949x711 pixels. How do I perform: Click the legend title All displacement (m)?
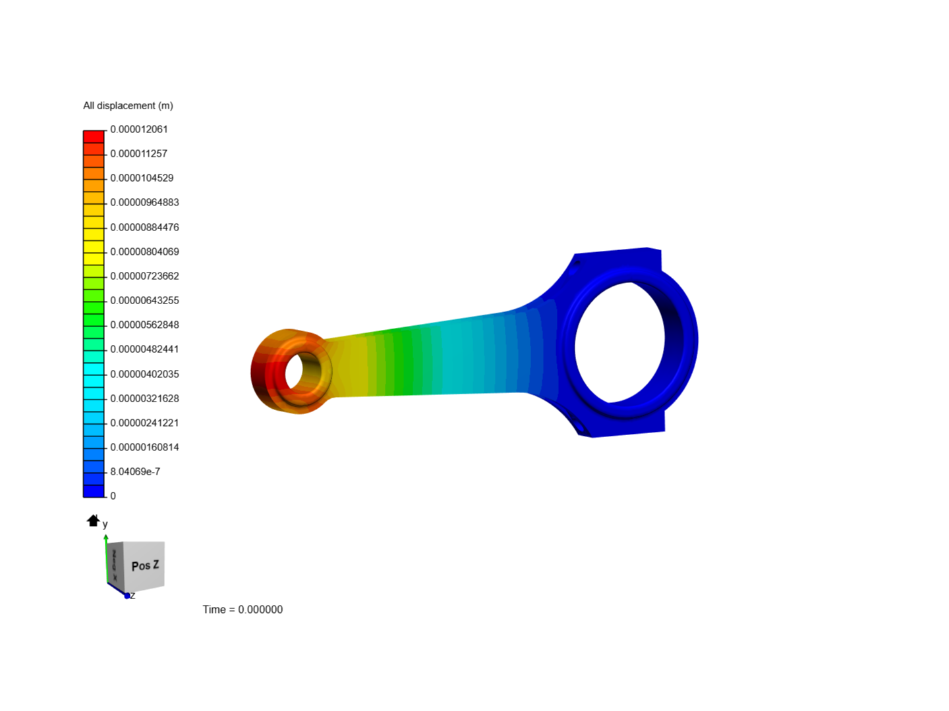(x=128, y=105)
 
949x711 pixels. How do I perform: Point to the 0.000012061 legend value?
(x=138, y=129)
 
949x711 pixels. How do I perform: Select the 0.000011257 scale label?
(x=138, y=153)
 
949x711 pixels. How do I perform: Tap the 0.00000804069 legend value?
(x=144, y=251)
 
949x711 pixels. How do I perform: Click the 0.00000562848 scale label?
(x=144, y=325)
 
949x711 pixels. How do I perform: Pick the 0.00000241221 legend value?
(x=144, y=423)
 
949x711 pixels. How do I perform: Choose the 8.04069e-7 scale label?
(x=135, y=471)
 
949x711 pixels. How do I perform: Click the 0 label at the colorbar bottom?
(x=113, y=496)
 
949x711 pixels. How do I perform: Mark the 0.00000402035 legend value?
(x=144, y=374)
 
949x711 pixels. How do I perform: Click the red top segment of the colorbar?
(x=94, y=136)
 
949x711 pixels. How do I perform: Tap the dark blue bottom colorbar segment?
(x=94, y=491)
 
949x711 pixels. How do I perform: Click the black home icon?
(x=93, y=521)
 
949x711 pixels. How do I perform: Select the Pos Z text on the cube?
(x=145, y=566)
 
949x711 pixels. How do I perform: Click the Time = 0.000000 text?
(x=243, y=610)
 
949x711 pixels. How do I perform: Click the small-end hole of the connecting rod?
(x=295, y=371)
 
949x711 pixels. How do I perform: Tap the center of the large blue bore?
(x=619, y=342)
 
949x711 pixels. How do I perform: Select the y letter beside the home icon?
(x=105, y=525)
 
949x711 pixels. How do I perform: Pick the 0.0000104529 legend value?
(x=142, y=178)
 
